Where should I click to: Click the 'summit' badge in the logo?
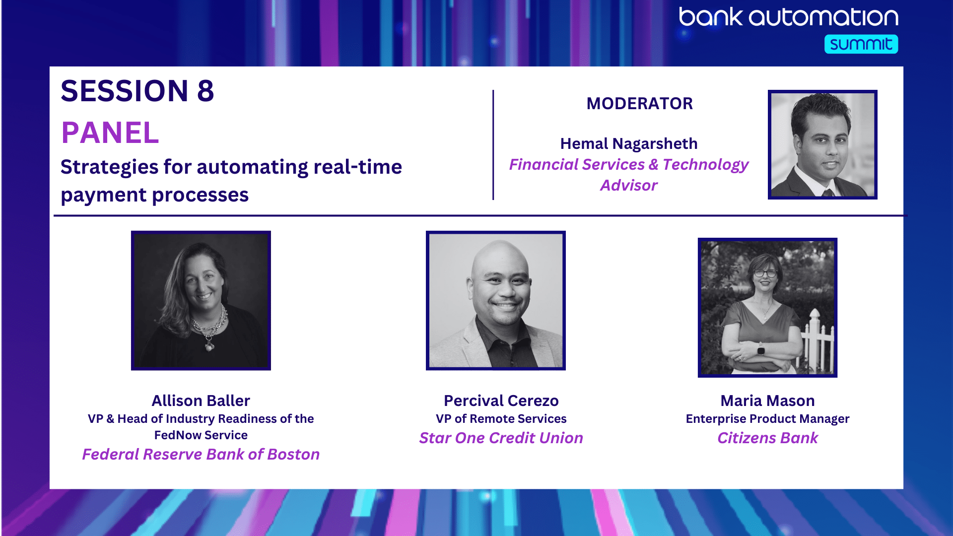[x=861, y=44]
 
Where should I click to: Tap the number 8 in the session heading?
[x=205, y=91]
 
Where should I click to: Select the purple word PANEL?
[x=110, y=133]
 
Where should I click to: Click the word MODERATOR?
[x=639, y=104]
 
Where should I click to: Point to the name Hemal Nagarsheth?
[x=629, y=143]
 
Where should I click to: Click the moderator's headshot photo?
[x=822, y=144]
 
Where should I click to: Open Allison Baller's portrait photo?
[x=201, y=300]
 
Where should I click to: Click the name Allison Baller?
[x=201, y=401]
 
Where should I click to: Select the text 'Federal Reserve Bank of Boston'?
[x=201, y=454]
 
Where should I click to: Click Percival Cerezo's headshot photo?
[x=496, y=300]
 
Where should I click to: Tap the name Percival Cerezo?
[x=501, y=401]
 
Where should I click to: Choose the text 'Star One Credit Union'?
[x=501, y=438]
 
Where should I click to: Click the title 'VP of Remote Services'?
[x=501, y=419]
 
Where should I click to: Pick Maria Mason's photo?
[x=767, y=308]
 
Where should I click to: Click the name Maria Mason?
[x=768, y=401]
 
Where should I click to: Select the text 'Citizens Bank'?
[x=768, y=438]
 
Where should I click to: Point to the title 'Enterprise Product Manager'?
[x=768, y=419]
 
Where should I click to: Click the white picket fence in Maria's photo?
[x=818, y=342]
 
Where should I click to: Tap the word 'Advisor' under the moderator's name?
[x=629, y=185]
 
